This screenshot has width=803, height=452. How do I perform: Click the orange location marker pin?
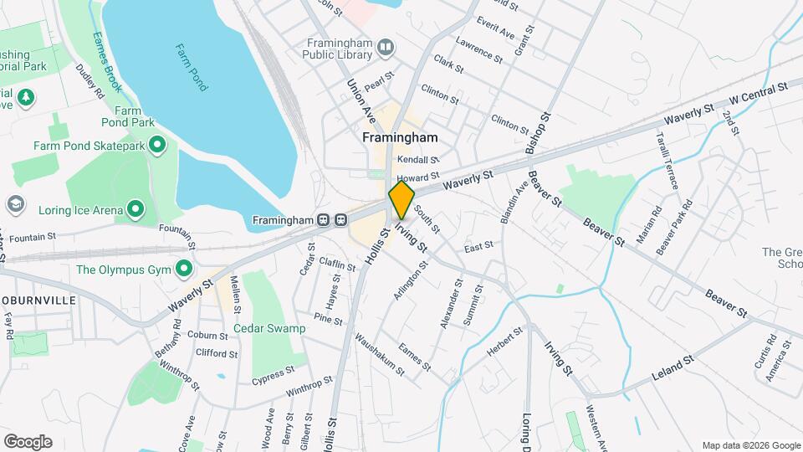coord(401,200)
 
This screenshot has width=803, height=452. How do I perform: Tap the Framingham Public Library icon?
coord(385,47)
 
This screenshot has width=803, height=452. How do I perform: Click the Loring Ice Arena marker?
coord(134,209)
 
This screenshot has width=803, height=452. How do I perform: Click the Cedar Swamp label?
coord(269,329)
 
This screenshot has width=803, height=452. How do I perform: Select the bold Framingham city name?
coord(400,137)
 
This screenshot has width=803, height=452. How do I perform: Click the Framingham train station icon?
coord(331,220)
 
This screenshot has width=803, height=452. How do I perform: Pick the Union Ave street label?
coord(358,97)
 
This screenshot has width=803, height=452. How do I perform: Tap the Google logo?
coord(28,442)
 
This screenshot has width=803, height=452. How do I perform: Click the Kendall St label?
coord(417,159)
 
